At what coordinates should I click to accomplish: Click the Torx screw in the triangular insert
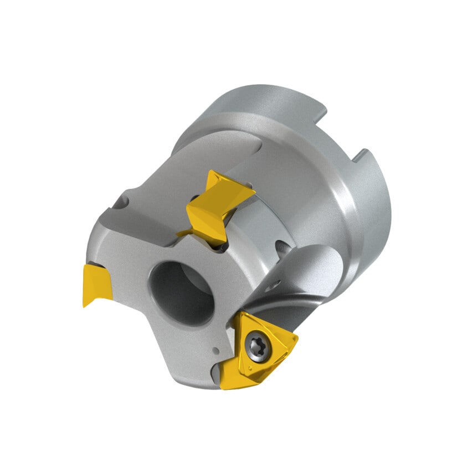pos(260,346)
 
